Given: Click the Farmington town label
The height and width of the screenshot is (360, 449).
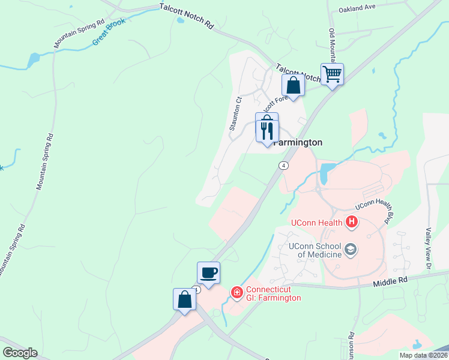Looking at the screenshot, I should point(298,143).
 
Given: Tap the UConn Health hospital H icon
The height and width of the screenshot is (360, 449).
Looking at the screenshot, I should point(352,223).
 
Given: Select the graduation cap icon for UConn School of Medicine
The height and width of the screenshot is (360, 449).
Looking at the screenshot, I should point(352,248).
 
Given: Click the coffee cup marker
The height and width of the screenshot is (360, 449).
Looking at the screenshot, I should point(208,273).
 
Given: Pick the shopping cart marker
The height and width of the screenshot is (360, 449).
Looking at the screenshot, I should point(332,75).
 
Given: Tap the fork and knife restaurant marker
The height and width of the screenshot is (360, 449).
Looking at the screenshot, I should point(267,130).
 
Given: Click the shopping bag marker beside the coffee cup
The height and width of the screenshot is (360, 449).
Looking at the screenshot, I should point(184,300).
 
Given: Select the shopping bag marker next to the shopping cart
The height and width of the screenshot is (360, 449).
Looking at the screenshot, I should point(293,85).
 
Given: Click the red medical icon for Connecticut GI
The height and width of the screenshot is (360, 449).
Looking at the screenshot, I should point(237,292).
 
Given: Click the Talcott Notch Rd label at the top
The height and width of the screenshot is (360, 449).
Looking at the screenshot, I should point(187,16).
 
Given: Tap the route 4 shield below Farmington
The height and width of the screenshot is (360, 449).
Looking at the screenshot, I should point(283,165).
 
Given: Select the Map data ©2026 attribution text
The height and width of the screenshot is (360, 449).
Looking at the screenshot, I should point(423,355).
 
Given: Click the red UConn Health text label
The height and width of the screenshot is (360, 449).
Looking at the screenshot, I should point(316,223).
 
